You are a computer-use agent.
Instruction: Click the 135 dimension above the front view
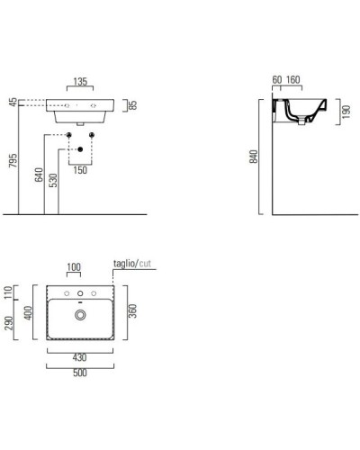[x=80, y=82]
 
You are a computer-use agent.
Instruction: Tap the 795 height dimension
[x=13, y=161]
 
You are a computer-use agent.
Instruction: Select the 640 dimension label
[x=39, y=175]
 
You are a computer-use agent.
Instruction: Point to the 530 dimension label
[x=53, y=180]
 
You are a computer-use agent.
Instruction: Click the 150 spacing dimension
[x=80, y=170]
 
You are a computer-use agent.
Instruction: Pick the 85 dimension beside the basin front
[x=133, y=105]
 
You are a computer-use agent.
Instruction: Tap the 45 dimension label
[x=13, y=103]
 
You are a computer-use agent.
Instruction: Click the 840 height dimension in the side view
[x=254, y=157]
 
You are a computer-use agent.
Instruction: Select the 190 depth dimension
[x=346, y=112]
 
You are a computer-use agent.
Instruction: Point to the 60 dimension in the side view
[x=277, y=80]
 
